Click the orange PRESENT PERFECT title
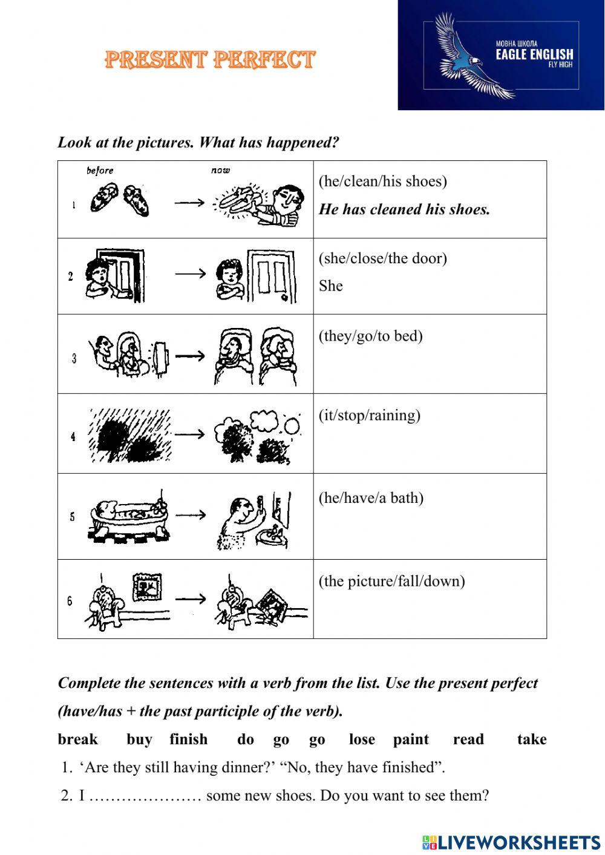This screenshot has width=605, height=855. pyautogui.click(x=210, y=59)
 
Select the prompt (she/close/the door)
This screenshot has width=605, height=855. pyautogui.click(x=383, y=258)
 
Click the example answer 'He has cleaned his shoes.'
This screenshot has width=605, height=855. pyautogui.click(x=404, y=209)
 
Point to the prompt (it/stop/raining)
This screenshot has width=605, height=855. pyautogui.click(x=369, y=416)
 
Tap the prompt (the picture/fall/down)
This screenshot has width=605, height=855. pyautogui.click(x=391, y=581)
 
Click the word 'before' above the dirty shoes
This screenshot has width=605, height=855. pyautogui.click(x=100, y=171)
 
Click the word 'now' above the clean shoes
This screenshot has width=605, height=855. pyautogui.click(x=220, y=170)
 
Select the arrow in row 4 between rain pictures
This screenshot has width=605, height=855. pyautogui.click(x=190, y=434)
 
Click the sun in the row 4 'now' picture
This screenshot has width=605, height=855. pyautogui.click(x=292, y=427)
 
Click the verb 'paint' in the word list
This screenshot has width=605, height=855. pyautogui.click(x=411, y=739)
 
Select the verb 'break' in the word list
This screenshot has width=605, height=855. pyautogui.click(x=77, y=739)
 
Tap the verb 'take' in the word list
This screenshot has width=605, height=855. pyautogui.click(x=532, y=739)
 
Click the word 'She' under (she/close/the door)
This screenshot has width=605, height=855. pyautogui.click(x=331, y=286)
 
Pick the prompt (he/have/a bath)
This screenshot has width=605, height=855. pyautogui.click(x=371, y=498)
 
